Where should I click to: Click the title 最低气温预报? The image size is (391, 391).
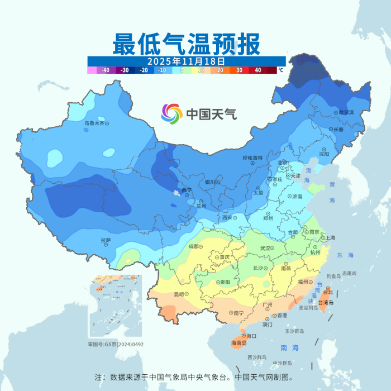186,44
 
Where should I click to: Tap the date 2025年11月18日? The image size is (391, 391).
186,61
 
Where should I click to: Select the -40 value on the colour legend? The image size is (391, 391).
105,70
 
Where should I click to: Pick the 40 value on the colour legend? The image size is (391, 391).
258,70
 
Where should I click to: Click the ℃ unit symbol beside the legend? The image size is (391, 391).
281,70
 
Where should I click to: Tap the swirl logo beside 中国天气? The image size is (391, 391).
172,115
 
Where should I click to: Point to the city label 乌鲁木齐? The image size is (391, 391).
94,123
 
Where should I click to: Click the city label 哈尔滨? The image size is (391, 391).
331,112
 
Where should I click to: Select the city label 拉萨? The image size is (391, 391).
106,240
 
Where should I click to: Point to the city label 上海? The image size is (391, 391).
330,238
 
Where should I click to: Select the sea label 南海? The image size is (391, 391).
290,347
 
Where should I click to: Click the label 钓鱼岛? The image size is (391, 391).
333,276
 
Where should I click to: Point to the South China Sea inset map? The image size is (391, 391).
115,305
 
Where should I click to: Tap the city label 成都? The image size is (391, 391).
193,246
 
